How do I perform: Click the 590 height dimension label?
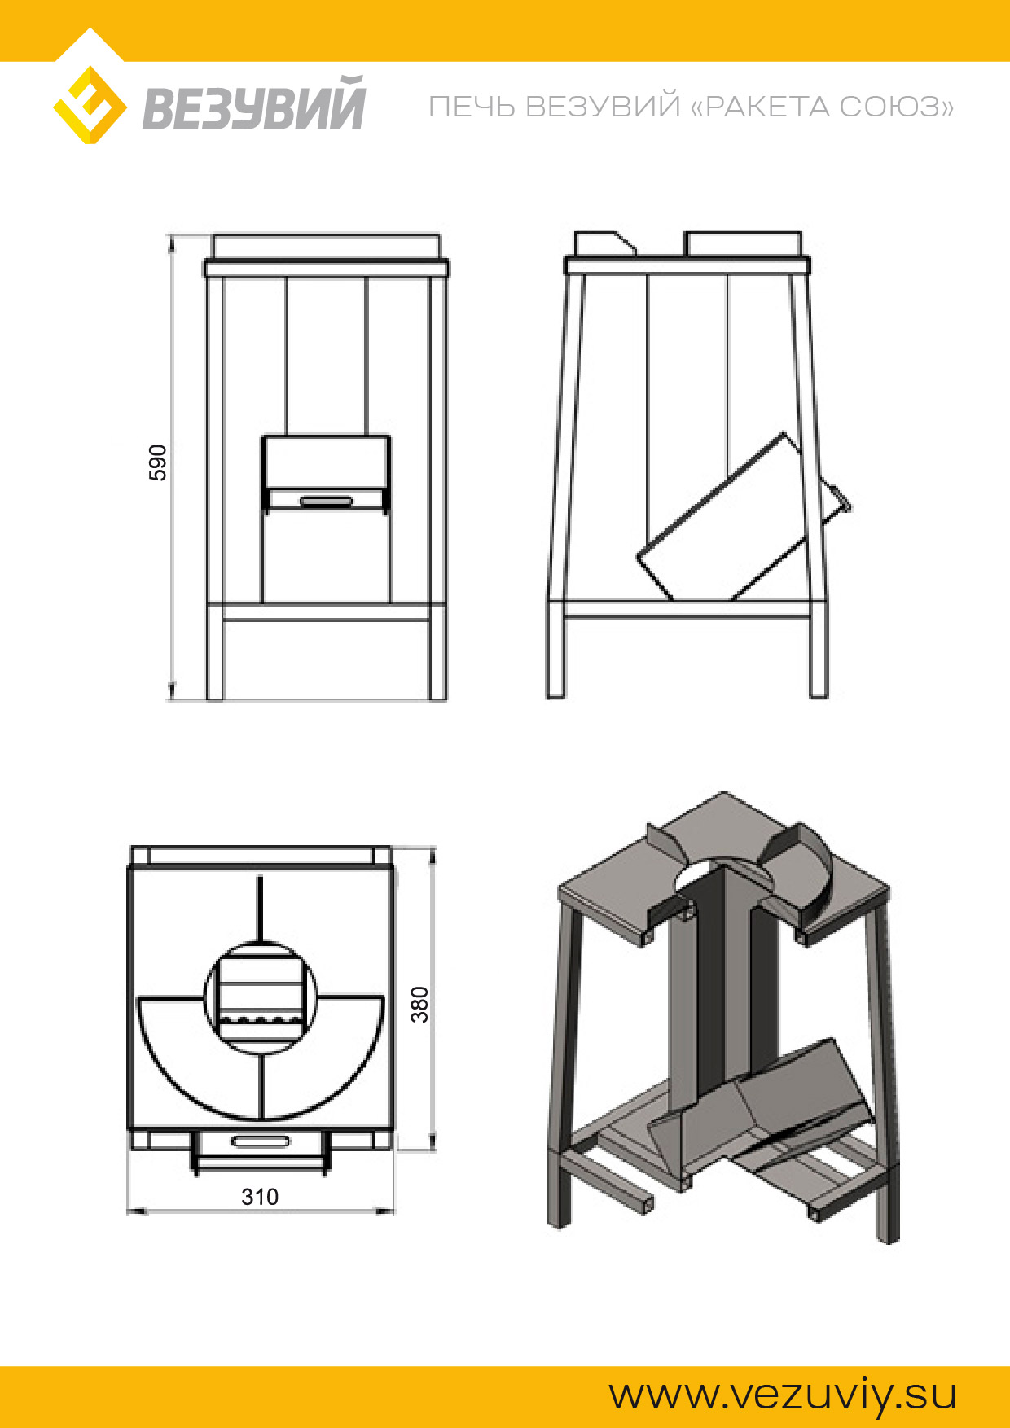158,462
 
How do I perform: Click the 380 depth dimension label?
419,1004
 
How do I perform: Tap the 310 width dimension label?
260,1197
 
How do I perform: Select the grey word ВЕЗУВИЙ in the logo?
253,103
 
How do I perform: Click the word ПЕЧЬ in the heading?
472,107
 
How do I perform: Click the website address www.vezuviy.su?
783,1395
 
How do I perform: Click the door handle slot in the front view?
326,501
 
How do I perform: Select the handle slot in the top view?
260,1141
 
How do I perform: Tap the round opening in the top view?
261,997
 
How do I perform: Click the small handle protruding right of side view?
835,501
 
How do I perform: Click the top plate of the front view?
326,268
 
